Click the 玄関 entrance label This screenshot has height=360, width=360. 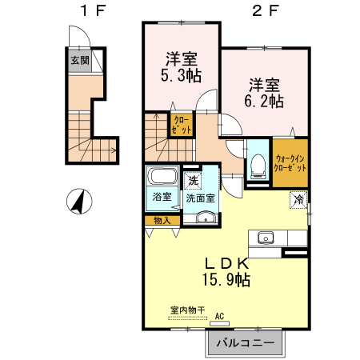[80, 61]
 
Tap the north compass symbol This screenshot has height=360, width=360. [79, 202]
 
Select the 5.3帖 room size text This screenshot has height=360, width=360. [181, 75]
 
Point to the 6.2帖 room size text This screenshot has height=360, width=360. [264, 101]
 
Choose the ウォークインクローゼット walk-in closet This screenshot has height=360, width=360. [290, 162]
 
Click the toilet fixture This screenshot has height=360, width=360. [258, 166]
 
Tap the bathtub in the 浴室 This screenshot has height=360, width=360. [162, 176]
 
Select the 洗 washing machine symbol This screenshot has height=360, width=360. [193, 181]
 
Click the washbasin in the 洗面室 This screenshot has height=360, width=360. [206, 218]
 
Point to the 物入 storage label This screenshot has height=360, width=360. [162, 221]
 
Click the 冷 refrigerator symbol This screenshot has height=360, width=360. [298, 200]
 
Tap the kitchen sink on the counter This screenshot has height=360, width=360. [266, 238]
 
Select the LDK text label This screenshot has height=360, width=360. [226, 264]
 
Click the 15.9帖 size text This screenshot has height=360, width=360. [226, 280]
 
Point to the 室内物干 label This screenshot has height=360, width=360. [187, 310]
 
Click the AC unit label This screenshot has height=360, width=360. [219, 317]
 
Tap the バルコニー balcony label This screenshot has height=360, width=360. [245, 342]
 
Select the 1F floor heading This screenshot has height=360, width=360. [93, 11]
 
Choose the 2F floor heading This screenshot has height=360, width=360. [266, 11]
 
